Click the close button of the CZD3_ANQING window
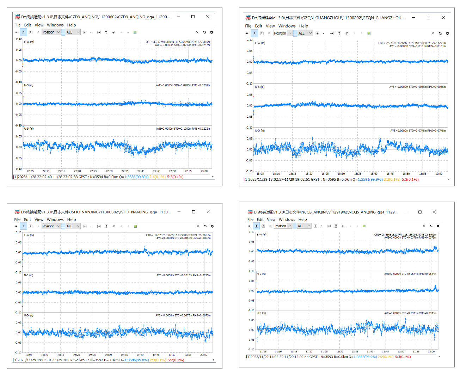tap(208, 17)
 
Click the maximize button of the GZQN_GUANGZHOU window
tap(428, 17)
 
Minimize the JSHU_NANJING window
tap(179, 212)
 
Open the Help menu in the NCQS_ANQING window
tap(302, 219)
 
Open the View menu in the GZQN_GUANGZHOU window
tap(270, 26)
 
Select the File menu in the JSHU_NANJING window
tap(17, 219)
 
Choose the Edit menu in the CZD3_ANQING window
tap(27, 25)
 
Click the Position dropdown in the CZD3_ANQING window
tap(51, 32)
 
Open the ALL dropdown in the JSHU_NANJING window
tap(73, 226)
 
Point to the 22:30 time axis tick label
tap(109, 171)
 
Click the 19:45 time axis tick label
tap(156, 355)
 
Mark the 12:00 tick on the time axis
tap(431, 351)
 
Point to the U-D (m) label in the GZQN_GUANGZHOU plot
tap(260, 131)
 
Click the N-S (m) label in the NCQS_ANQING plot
tap(261, 274)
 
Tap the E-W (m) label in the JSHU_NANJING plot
tap(29, 235)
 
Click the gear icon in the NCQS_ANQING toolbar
tap(438, 226)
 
